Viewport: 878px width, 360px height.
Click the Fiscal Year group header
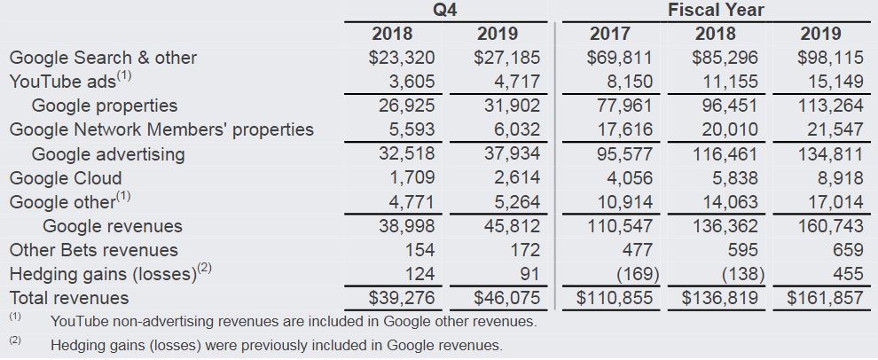pyautogui.click(x=715, y=11)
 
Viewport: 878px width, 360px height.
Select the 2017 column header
pyautogui.click(x=610, y=35)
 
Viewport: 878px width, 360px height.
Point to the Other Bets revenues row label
pyautogui.click(x=93, y=250)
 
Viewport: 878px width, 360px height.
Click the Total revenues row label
pyautogui.click(x=69, y=298)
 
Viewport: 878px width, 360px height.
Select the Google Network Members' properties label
pyautogui.click(x=161, y=129)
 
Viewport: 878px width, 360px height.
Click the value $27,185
pyautogui.click(x=506, y=59)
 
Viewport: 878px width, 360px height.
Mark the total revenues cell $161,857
pyautogui.click(x=825, y=298)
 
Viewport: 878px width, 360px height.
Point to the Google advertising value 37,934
pyautogui.click(x=510, y=154)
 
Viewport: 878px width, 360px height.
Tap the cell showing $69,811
pyautogui.click(x=619, y=59)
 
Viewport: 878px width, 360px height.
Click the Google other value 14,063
pyautogui.click(x=726, y=202)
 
